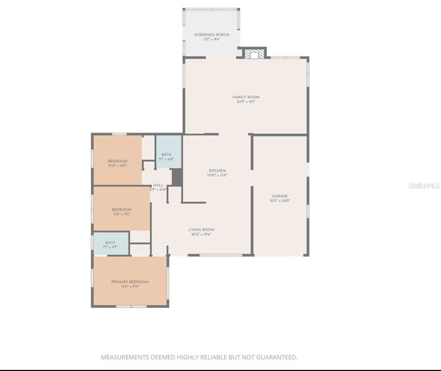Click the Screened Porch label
pyautogui.click(x=211, y=35)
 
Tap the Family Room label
pyautogui.click(x=246, y=97)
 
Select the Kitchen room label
pyautogui.click(x=217, y=171)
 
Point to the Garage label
pyautogui.click(x=280, y=196)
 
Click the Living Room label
pyautogui.click(x=201, y=230)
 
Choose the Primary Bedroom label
pyautogui.click(x=130, y=282)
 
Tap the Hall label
pyautogui.click(x=158, y=185)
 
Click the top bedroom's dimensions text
pyautogui.click(x=117, y=166)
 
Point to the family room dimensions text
pyautogui.click(x=246, y=102)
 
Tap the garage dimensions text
pyautogui.click(x=280, y=200)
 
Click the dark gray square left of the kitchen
pyautogui.click(x=176, y=177)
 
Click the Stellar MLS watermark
pyautogui.click(x=423, y=185)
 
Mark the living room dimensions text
pyautogui.click(x=201, y=234)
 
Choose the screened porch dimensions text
pyautogui.click(x=211, y=39)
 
